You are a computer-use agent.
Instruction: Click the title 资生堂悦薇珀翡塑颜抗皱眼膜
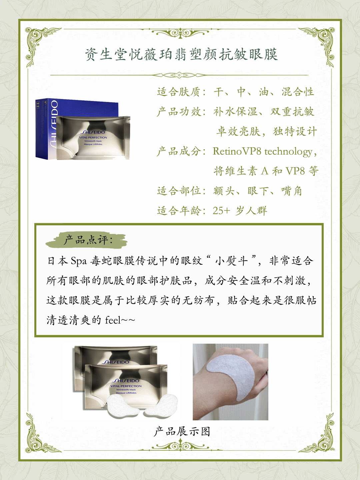[x=181, y=54]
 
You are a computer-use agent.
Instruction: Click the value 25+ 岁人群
[x=240, y=211]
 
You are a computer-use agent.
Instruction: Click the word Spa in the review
[x=79, y=261]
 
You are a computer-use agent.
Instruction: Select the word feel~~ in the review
[x=120, y=321]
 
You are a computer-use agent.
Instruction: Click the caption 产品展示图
[x=182, y=432]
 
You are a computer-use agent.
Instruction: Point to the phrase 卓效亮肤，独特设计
[x=266, y=131]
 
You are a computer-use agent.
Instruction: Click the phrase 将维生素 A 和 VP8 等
[x=266, y=171]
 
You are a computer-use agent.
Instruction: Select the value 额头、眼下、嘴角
[x=257, y=191]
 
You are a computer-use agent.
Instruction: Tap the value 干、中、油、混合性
[x=264, y=92]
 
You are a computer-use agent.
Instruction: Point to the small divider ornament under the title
[x=180, y=75]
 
